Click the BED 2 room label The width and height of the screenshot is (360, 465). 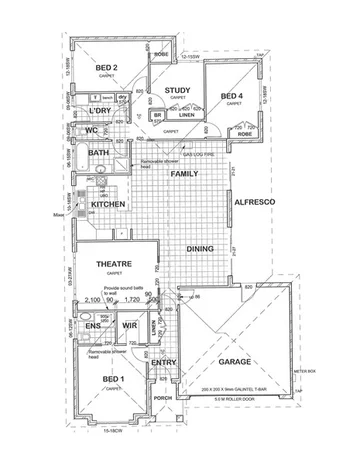(108, 68)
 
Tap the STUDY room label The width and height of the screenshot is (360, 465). (178, 89)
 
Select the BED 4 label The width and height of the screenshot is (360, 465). (232, 96)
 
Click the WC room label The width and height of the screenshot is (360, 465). (91, 130)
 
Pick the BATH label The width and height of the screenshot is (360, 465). (98, 153)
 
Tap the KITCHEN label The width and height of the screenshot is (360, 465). (108, 204)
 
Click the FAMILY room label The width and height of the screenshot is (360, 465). (184, 174)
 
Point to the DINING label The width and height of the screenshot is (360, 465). (201, 251)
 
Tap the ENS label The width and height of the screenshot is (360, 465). (92, 326)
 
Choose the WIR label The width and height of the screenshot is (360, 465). (128, 326)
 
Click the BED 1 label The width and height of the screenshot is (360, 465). (113, 380)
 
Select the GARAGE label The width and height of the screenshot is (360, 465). (235, 362)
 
